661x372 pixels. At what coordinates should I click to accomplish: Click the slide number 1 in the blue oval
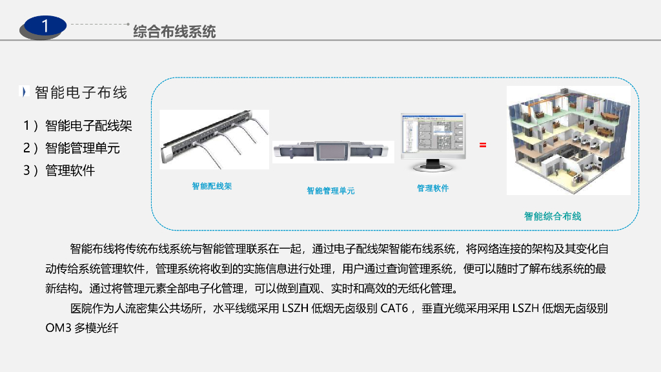(x=45, y=26)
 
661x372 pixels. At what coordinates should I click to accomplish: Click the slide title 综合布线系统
(x=174, y=31)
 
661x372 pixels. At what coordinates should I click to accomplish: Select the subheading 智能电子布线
(x=81, y=92)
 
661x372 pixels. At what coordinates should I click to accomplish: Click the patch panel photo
(x=214, y=139)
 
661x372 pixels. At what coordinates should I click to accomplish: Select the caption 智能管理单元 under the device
(x=330, y=191)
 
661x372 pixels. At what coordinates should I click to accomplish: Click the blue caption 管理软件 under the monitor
(x=432, y=189)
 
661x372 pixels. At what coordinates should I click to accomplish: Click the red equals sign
(x=483, y=145)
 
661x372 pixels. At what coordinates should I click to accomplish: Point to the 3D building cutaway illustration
(x=568, y=140)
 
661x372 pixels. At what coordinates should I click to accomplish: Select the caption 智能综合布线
(x=553, y=216)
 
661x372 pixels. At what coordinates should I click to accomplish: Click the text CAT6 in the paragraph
(x=394, y=309)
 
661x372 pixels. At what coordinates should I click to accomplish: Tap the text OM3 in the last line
(x=57, y=327)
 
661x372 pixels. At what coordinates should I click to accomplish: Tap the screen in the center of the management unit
(x=332, y=152)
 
